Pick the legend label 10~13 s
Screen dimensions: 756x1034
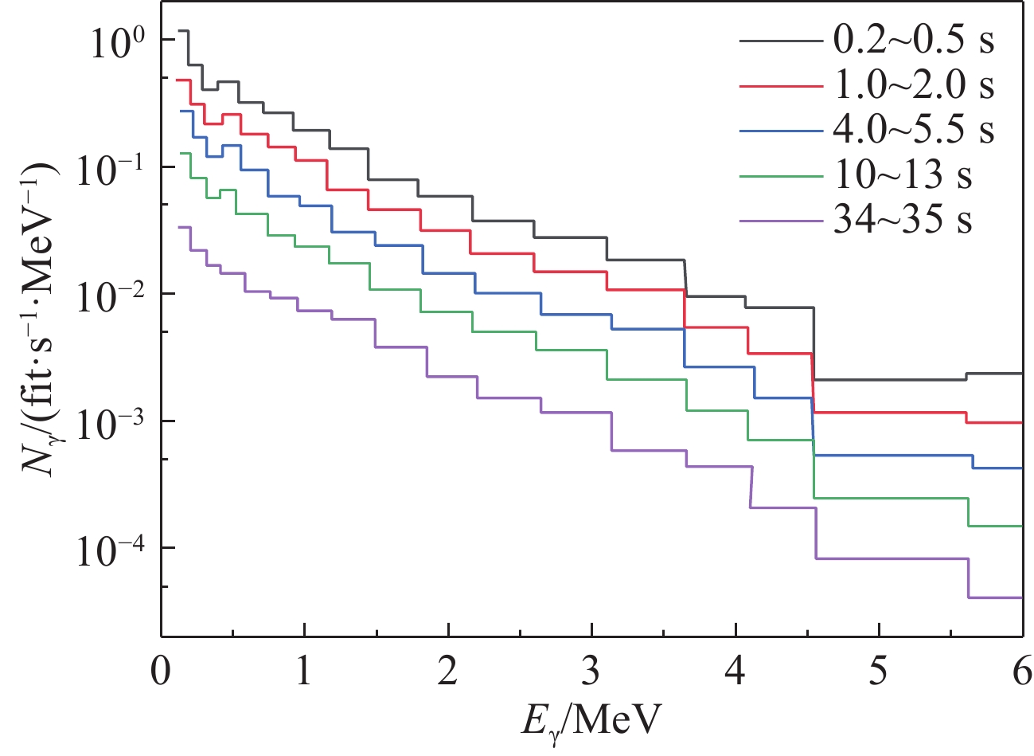coord(902,174)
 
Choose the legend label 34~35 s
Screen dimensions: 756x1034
coord(902,218)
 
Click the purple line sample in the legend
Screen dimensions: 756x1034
coord(780,219)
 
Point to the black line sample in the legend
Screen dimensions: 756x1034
coord(780,40)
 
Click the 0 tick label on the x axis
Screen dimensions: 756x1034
coord(162,673)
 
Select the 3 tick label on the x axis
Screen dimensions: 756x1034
coord(591,673)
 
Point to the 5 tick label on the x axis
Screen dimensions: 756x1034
coord(879,673)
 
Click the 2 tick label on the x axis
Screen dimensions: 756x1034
coord(448,673)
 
